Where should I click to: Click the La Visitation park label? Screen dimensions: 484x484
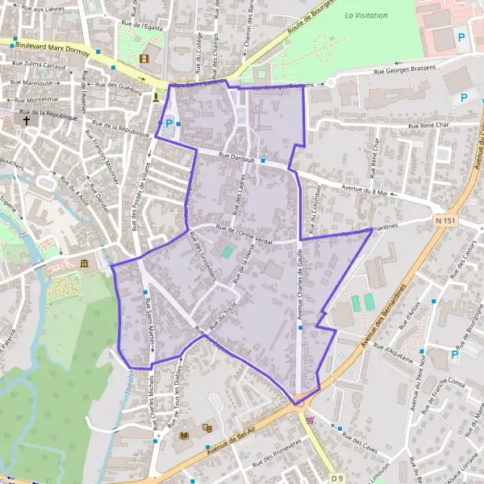click(365, 15)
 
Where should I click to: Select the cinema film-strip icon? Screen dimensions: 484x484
click(144, 58)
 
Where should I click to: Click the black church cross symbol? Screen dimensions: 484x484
click(27, 121)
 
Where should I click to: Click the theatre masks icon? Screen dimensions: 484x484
click(207, 428)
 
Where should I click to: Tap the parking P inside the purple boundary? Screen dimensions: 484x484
click(169, 123)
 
